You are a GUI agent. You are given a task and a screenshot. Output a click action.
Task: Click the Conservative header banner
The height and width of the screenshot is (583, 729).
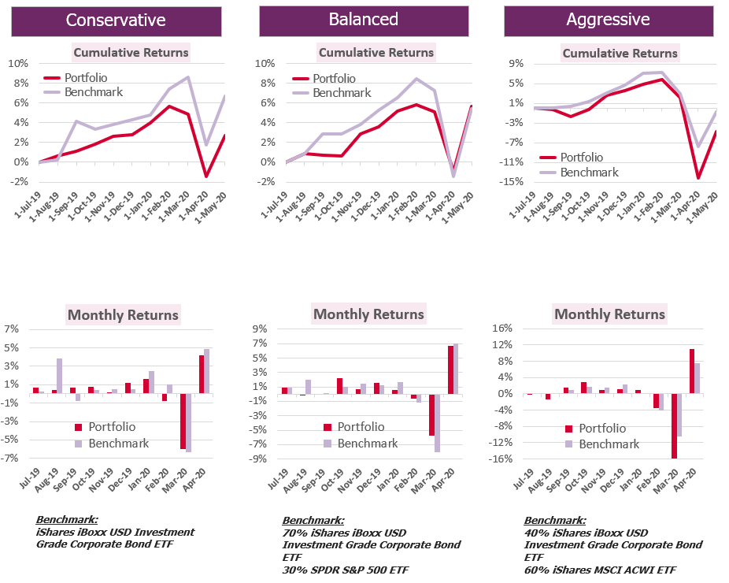pos(116,20)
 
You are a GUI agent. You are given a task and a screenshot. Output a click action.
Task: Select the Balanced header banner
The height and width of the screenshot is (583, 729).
pos(364,20)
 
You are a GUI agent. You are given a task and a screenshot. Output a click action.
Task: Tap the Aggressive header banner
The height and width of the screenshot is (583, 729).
pos(608,20)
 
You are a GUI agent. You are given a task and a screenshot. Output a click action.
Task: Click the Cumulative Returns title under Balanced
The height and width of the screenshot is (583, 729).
pos(376,53)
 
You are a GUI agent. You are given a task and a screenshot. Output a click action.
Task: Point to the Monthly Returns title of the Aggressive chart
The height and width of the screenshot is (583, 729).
pos(609,314)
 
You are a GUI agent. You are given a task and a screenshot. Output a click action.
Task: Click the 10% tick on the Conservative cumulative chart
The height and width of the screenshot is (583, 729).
pos(19,64)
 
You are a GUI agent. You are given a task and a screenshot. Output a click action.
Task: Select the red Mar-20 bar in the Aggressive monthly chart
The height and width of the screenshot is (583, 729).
pos(674,425)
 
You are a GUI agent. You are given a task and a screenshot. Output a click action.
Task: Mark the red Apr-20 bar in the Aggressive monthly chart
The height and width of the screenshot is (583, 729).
pos(692,371)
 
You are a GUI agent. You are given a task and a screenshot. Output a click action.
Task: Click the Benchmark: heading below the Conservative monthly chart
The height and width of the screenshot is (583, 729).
pos(67,520)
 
